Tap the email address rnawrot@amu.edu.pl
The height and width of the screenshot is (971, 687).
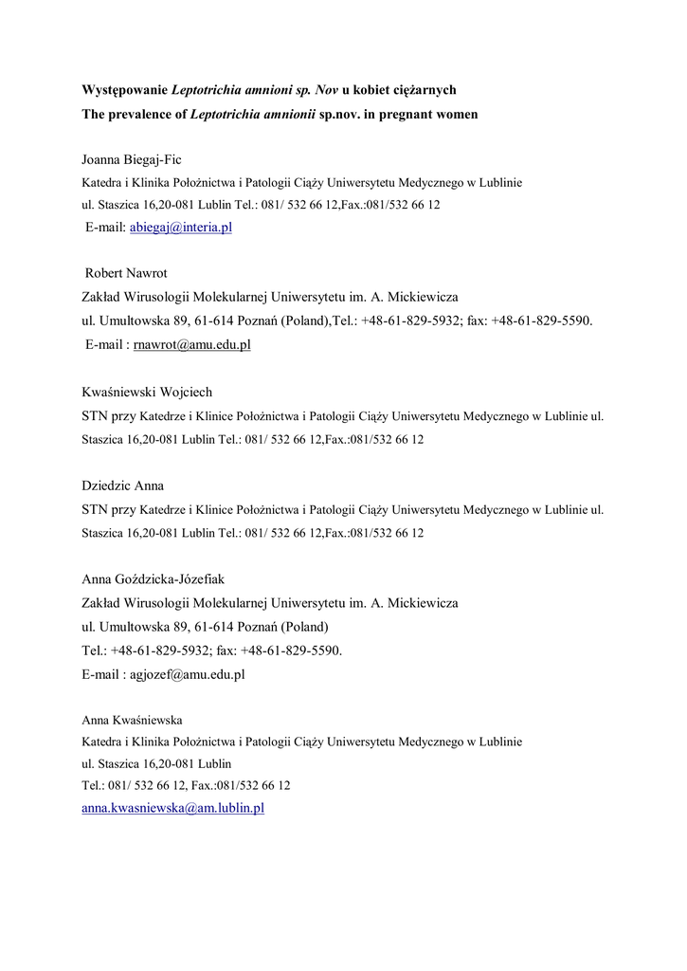click(x=193, y=345)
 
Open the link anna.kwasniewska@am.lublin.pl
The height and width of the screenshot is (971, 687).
click(x=172, y=808)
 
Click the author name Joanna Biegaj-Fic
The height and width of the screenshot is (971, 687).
click(x=132, y=158)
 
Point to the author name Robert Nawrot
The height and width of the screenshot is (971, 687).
click(x=126, y=273)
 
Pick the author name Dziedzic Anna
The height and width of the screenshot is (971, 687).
click(x=123, y=485)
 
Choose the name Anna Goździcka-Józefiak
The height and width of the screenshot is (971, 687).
click(x=154, y=578)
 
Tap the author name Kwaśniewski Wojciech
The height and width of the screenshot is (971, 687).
click(x=147, y=392)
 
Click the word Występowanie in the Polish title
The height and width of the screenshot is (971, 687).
click(x=123, y=90)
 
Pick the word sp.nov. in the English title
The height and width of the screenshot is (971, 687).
click(x=352, y=114)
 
